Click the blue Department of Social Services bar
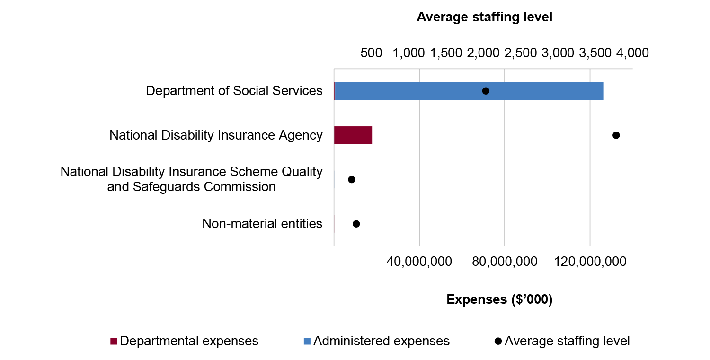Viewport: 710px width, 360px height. (x=469, y=91)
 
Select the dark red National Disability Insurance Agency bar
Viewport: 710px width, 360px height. (x=353, y=135)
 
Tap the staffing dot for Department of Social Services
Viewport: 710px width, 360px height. (x=486, y=91)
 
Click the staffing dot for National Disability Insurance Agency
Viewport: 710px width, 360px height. (x=616, y=135)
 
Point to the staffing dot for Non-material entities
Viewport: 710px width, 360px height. (x=356, y=224)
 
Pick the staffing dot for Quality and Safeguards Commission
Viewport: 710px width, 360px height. (x=351, y=180)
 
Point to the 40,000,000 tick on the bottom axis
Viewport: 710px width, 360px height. (x=419, y=262)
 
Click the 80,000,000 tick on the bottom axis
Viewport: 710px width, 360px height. (x=505, y=262)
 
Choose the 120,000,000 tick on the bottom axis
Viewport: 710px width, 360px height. (x=590, y=262)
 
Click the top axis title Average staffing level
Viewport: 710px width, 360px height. (x=484, y=18)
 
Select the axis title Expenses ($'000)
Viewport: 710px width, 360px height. (x=499, y=299)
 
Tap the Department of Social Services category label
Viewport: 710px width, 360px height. (x=234, y=91)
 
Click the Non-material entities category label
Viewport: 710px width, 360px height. (x=262, y=224)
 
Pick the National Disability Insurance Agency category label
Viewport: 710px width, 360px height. (x=216, y=135)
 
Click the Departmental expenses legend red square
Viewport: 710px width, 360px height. (x=114, y=342)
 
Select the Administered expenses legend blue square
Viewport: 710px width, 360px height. (x=307, y=342)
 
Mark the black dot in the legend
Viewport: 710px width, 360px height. (x=497, y=342)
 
